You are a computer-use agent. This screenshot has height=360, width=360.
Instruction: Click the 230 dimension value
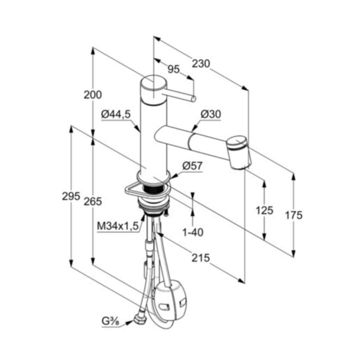coord(201,64)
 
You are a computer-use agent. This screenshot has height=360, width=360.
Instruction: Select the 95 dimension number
coord(173,69)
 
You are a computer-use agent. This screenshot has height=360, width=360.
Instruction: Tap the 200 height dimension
coord(92,95)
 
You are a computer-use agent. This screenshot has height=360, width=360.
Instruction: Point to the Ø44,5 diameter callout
coord(116,114)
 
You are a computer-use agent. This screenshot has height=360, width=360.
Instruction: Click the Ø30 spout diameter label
coord(211,114)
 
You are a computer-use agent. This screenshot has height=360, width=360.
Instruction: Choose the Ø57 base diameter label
coord(192,166)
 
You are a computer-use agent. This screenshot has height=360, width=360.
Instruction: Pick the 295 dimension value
coord(71,196)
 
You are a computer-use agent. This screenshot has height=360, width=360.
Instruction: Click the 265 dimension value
coord(92,201)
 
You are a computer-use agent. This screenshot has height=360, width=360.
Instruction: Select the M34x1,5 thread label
coord(118,226)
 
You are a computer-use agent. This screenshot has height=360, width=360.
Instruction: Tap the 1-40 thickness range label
coord(193,233)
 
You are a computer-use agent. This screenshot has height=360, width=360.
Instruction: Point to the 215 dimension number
coord(201,258)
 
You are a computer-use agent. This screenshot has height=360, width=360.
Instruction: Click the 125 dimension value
coord(264,210)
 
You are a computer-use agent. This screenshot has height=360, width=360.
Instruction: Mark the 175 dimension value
coord(294,216)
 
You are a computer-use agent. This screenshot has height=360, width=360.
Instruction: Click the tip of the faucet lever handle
coord(194,99)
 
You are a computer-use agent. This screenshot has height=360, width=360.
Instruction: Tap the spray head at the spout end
coord(239,153)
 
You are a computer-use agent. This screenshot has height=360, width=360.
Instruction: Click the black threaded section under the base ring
coord(153,190)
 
